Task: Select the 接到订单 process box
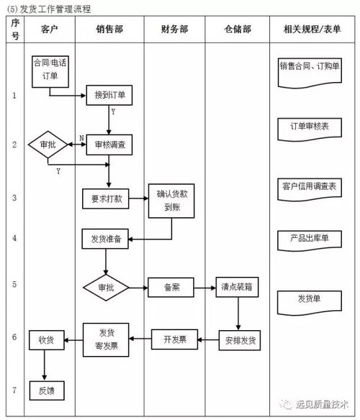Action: pyautogui.click(x=109, y=95)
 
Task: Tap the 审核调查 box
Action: pyautogui.click(x=109, y=145)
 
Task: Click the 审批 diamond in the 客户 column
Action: pyautogui.click(x=48, y=145)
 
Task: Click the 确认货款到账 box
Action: pyautogui.click(x=171, y=199)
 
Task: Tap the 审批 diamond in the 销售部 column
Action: pyautogui.click(x=105, y=287)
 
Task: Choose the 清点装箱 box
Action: pyautogui.click(x=238, y=287)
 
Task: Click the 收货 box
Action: pyautogui.click(x=47, y=339)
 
